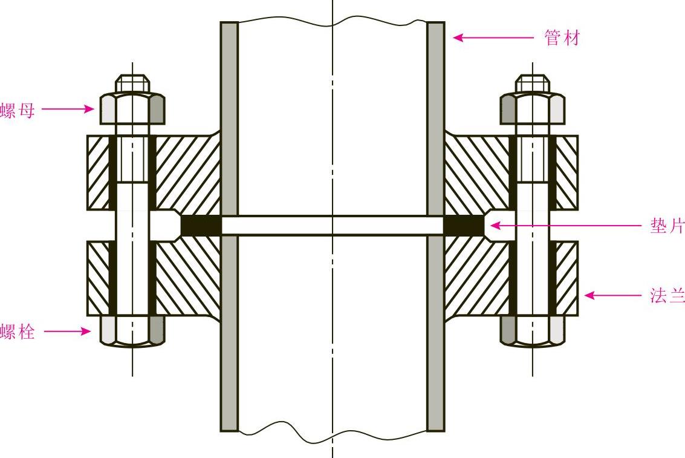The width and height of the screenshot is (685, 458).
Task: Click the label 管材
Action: pyautogui.click(x=562, y=38)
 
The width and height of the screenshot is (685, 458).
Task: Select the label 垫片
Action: pyautogui.click(x=667, y=226)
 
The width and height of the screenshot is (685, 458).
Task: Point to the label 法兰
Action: pyautogui.click(x=667, y=296)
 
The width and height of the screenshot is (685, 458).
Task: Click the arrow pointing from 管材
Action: pyautogui.click(x=493, y=38)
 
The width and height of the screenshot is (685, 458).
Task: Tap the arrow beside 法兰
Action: pyautogui.click(x=612, y=296)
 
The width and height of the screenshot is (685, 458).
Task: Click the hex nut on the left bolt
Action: pyautogui.click(x=132, y=109)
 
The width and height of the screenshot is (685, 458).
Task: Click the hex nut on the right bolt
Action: pyautogui.click(x=532, y=109)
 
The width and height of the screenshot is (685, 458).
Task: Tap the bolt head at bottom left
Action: pyautogui.click(x=132, y=330)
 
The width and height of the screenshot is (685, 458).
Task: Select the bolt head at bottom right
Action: pyautogui.click(x=532, y=330)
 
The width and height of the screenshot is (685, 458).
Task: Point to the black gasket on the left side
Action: pyautogui.click(x=200, y=226)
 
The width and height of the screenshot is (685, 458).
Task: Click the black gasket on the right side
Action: pyautogui.click(x=464, y=226)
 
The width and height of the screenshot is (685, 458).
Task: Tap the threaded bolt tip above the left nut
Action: pyautogui.click(x=132, y=83)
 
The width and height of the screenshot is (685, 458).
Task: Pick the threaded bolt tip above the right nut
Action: pyautogui.click(x=532, y=83)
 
